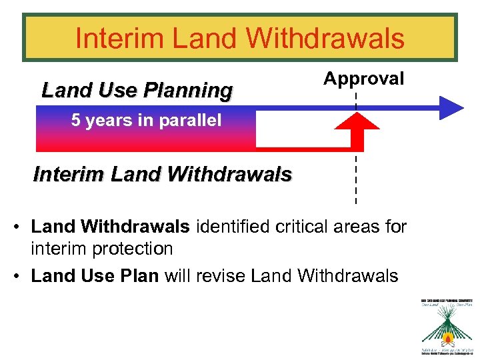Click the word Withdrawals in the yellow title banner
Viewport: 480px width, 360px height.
point(325,38)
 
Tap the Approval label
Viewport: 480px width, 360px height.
point(363,79)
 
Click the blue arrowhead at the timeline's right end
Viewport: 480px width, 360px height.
point(451,107)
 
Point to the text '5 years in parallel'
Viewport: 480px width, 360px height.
point(146,121)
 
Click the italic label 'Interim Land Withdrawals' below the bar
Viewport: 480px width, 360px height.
point(163,175)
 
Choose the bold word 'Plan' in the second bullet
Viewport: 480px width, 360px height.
point(139,275)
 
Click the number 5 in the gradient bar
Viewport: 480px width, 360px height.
point(76,121)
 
